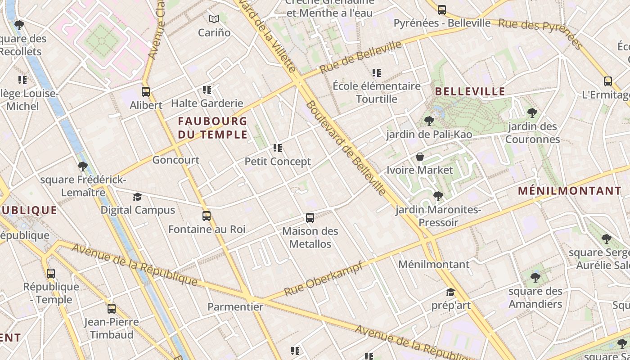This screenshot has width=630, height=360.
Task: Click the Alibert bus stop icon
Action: (146, 92)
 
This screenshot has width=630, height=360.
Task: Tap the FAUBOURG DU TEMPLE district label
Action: (212, 128)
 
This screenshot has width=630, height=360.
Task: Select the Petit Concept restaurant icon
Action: (278, 148)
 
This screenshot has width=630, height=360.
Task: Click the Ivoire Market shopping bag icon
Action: (420, 157)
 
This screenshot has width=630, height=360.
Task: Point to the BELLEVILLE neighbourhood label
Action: (470, 92)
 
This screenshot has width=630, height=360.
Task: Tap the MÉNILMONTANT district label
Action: (569, 191)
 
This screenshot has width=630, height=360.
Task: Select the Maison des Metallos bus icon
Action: (310, 218)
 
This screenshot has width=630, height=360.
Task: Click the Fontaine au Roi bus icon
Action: (207, 216)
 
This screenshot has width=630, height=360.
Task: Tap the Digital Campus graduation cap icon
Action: (137, 197)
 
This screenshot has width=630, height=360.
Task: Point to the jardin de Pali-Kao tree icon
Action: (429, 121)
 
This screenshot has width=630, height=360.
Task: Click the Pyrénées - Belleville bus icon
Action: (442, 9)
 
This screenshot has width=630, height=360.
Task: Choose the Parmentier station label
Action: (235, 307)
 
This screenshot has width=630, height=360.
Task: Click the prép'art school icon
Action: (450, 292)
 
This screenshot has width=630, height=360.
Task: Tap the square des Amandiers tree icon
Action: (535, 277)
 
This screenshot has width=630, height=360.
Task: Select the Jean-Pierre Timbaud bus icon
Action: (112, 309)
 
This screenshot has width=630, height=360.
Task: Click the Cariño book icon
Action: (214, 19)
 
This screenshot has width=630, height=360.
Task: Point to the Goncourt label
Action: (175, 160)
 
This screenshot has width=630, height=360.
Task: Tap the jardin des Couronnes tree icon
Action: (532, 112)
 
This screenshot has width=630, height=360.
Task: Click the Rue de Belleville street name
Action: (360, 58)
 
